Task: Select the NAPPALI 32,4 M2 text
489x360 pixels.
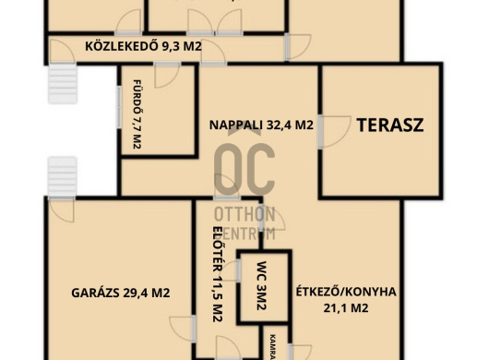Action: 261,125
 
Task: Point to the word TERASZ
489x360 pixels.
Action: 390,126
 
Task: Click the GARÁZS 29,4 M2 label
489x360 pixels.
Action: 120,293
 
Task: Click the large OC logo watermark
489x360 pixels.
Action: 244,166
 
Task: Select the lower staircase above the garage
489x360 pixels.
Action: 62,176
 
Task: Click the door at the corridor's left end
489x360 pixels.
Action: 63,47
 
